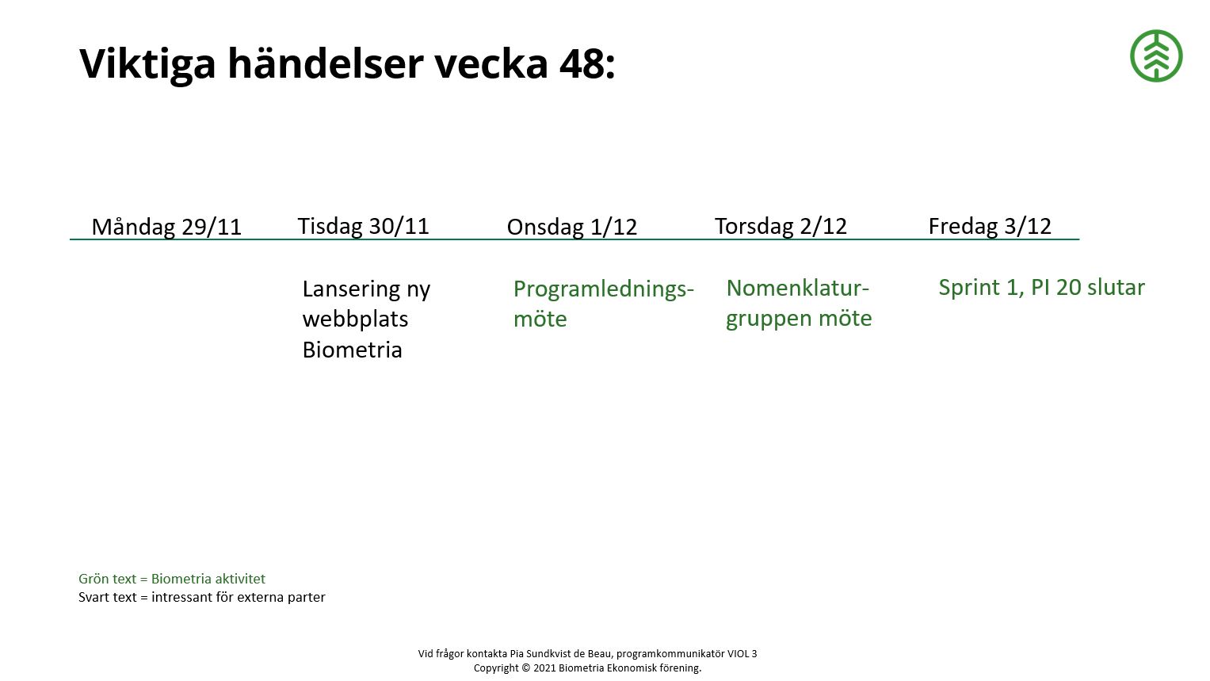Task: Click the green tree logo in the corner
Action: click(x=1156, y=56)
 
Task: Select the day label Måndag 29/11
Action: click(x=166, y=227)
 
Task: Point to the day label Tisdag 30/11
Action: click(x=363, y=226)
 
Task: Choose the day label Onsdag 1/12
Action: click(x=572, y=227)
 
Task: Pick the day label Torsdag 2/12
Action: click(x=781, y=226)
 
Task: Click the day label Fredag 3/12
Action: click(x=990, y=226)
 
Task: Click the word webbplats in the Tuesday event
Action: click(x=355, y=319)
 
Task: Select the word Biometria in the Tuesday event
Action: click(x=352, y=350)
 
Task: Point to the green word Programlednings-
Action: click(x=603, y=289)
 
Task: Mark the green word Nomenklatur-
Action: click(x=797, y=288)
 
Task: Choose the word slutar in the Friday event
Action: click(x=1116, y=287)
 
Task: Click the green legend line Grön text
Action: click(x=172, y=579)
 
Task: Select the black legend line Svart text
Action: click(x=201, y=597)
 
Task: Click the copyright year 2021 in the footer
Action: click(x=544, y=668)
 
